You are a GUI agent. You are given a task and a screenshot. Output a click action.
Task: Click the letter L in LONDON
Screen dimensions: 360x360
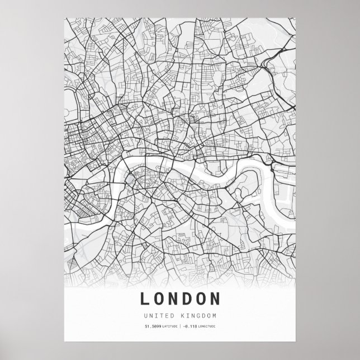(x=145, y=299)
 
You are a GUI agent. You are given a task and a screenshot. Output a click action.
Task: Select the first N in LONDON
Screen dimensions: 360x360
(x=174, y=299)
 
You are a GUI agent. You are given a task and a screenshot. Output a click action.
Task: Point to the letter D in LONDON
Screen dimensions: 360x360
(x=188, y=299)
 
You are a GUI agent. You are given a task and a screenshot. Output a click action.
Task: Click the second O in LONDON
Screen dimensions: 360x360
(x=202, y=299)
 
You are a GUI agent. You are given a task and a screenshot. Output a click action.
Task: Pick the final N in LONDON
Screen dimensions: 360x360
(x=216, y=299)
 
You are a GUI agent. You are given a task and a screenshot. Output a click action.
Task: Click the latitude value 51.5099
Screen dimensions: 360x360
(x=152, y=326)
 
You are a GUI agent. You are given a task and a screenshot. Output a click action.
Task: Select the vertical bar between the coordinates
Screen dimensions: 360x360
(x=179, y=326)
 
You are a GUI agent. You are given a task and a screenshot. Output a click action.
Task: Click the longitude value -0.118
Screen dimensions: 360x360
(x=188, y=326)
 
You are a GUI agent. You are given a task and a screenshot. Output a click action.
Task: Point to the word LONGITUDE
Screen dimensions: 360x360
(x=206, y=326)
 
